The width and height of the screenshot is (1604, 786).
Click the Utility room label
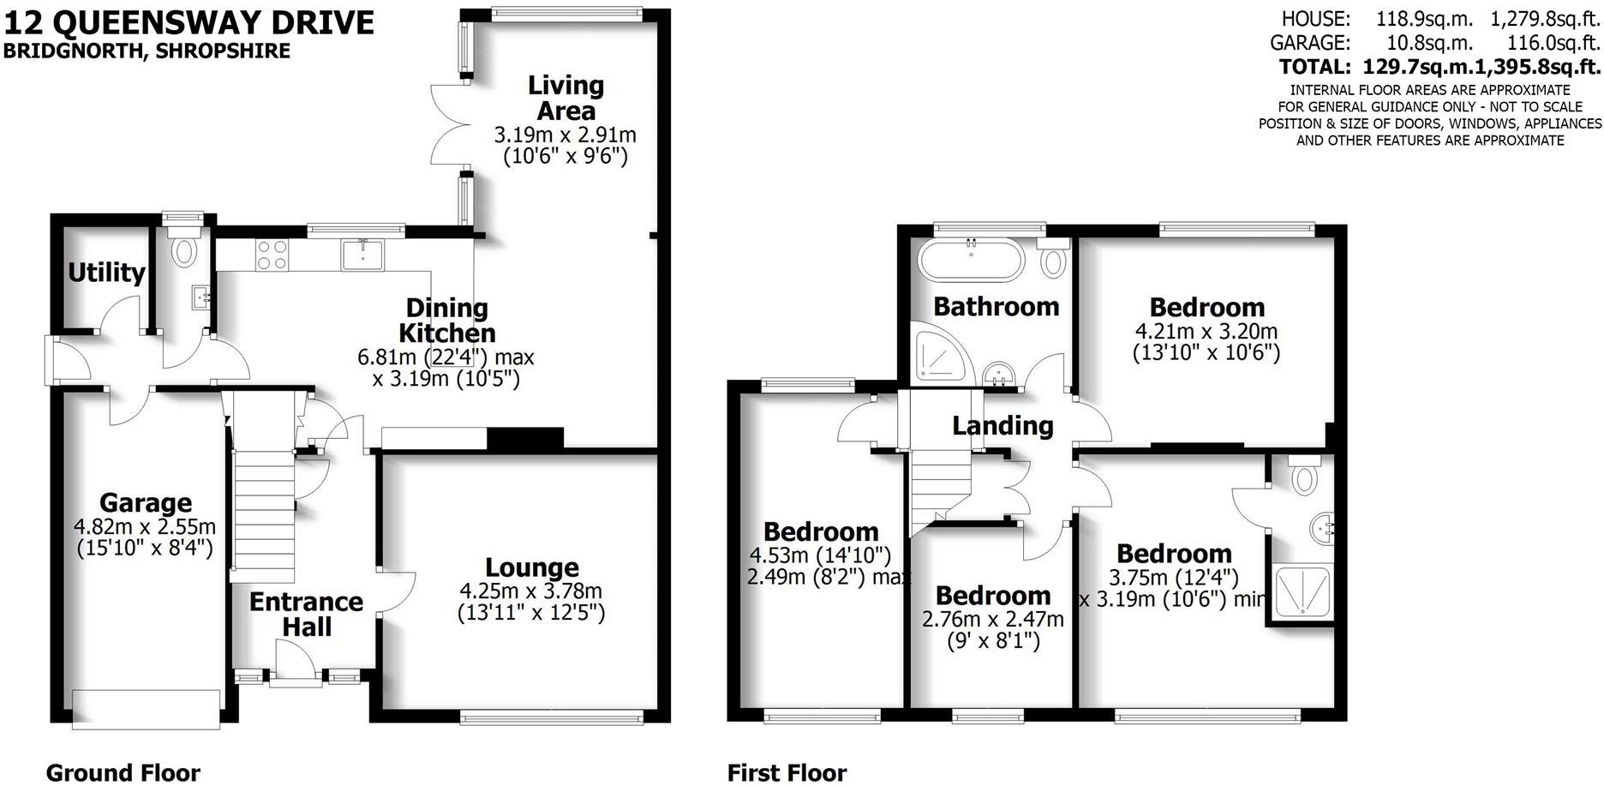pos(106,273)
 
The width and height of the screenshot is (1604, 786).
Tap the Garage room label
pos(146,502)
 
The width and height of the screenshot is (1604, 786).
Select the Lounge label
pos(532,567)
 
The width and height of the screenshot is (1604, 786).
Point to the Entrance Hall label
pos(306,614)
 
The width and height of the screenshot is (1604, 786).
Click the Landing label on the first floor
pos(1002,425)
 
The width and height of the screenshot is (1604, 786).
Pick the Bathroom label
pos(996,306)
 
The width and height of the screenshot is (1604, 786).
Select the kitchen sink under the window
pos(363,255)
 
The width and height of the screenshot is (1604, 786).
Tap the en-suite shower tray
pos(1301,591)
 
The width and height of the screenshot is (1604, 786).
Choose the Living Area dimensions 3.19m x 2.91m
pos(565,135)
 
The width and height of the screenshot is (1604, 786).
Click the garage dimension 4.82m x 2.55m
pos(146,526)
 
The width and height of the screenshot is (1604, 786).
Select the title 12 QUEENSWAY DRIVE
pos(189,21)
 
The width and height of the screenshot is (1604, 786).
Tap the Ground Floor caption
pos(123,772)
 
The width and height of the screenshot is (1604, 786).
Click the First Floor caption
pos(787,772)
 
